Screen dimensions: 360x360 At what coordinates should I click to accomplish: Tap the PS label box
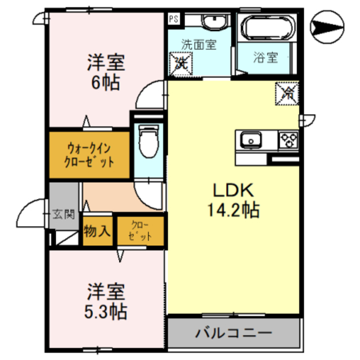coord(174,19)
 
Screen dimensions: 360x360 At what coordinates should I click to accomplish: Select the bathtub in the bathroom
coord(265,26)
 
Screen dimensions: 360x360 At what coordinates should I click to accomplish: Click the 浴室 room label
coord(265,57)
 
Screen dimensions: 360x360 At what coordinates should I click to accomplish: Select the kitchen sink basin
coord(250,139)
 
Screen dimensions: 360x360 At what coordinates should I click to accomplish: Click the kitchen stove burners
coord(289,139)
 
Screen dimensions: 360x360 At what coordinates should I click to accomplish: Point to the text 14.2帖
coord(233,211)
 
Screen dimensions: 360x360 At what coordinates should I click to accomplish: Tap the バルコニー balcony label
coord(233,332)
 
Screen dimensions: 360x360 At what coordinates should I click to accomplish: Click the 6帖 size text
coord(105,83)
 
